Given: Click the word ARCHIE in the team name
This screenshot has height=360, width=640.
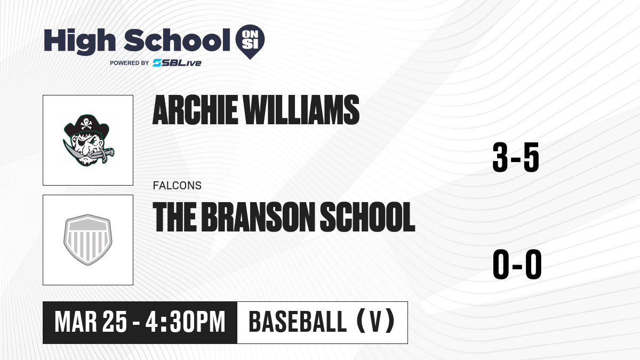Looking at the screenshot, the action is pyautogui.click(x=195, y=110).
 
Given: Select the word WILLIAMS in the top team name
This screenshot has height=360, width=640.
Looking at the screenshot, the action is pyautogui.click(x=301, y=110).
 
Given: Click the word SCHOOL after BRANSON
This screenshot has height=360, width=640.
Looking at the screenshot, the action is pyautogui.click(x=367, y=217).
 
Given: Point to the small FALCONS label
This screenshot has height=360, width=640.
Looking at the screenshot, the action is pyautogui.click(x=177, y=186).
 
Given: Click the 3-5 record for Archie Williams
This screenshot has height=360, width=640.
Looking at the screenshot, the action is pyautogui.click(x=516, y=157).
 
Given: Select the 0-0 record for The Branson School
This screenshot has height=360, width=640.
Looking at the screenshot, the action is pyautogui.click(x=517, y=265).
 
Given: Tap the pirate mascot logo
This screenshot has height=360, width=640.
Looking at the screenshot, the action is pyautogui.click(x=89, y=140).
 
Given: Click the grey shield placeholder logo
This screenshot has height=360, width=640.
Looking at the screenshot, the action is pyautogui.click(x=88, y=239).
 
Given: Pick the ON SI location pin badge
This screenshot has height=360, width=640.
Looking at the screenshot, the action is pyautogui.click(x=250, y=42).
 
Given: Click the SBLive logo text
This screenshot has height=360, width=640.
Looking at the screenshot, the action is pyautogui.click(x=177, y=63).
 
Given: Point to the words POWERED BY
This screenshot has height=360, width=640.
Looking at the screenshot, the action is pyautogui.click(x=130, y=63).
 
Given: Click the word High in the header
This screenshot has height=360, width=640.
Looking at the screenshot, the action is pyautogui.click(x=79, y=42).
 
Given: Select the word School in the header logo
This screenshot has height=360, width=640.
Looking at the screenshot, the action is pyautogui.click(x=177, y=40).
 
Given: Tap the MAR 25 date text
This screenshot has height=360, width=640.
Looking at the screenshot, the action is pyautogui.click(x=91, y=322).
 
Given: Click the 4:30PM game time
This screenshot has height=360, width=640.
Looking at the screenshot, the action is pyautogui.click(x=186, y=322).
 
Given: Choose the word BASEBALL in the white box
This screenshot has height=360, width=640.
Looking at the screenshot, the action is pyautogui.click(x=298, y=322).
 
